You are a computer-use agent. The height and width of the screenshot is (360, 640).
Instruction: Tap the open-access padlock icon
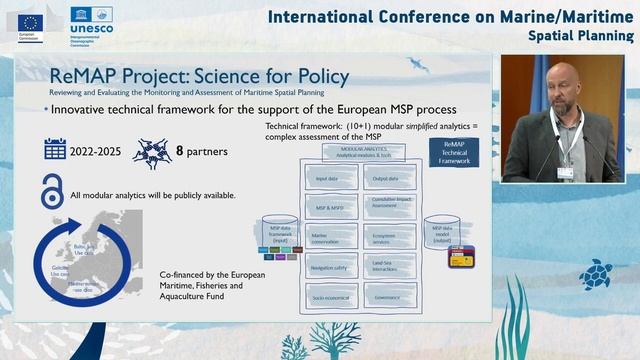pos(52,190)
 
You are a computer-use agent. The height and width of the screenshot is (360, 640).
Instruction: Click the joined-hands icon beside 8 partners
pos(151,153)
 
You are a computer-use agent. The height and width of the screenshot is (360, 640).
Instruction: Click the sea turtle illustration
pos(597,273)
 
